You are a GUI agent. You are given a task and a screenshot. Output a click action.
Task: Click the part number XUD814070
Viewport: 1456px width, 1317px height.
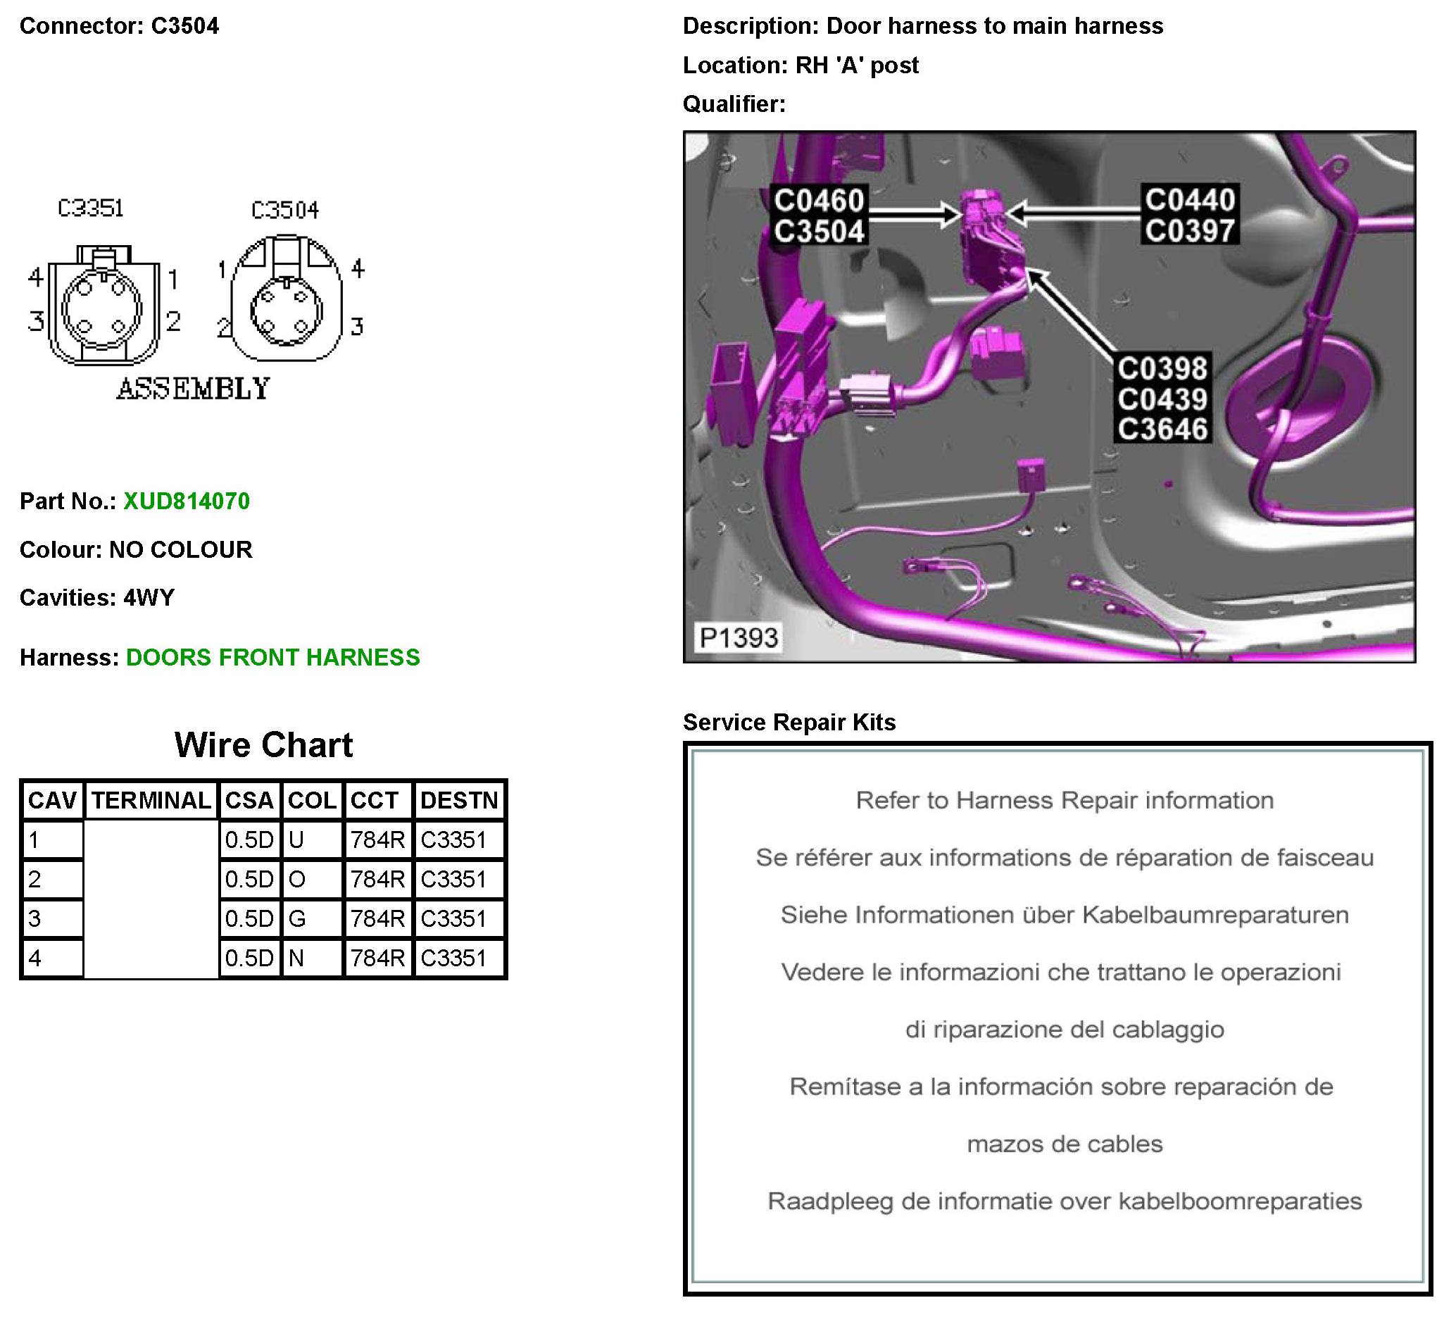(187, 501)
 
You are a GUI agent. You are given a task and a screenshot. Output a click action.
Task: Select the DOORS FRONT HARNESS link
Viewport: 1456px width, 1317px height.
(272, 656)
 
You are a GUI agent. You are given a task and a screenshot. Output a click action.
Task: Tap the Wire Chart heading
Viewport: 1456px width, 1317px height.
(263, 745)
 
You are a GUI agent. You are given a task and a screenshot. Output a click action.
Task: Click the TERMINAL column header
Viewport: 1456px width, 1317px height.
(151, 800)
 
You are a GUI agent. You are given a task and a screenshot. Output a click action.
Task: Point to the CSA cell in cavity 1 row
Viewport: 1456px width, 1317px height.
(249, 839)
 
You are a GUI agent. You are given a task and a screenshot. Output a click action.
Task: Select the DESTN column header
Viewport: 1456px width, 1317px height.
(458, 800)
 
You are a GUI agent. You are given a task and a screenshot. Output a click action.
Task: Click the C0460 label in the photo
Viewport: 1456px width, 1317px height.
(818, 200)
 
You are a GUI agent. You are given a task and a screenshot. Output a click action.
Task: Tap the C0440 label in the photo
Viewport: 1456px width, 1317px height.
(1188, 200)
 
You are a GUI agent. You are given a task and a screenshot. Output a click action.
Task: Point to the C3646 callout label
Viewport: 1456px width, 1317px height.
(1162, 429)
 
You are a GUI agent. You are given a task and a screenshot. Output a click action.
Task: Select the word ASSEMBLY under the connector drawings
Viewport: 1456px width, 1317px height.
(194, 389)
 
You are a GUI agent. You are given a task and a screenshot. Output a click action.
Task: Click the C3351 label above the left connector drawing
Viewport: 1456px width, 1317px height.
(91, 208)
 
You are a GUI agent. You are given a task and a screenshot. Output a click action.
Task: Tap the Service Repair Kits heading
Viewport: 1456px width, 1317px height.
(789, 722)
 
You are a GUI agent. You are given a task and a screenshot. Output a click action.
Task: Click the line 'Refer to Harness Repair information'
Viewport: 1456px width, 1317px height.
(1064, 801)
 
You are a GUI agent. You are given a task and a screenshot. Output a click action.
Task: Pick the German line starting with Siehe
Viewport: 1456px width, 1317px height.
(1064, 915)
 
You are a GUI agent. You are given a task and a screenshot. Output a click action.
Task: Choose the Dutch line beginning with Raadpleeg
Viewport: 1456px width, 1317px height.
(1064, 1201)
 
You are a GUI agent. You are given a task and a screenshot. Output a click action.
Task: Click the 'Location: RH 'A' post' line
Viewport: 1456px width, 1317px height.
(801, 65)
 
